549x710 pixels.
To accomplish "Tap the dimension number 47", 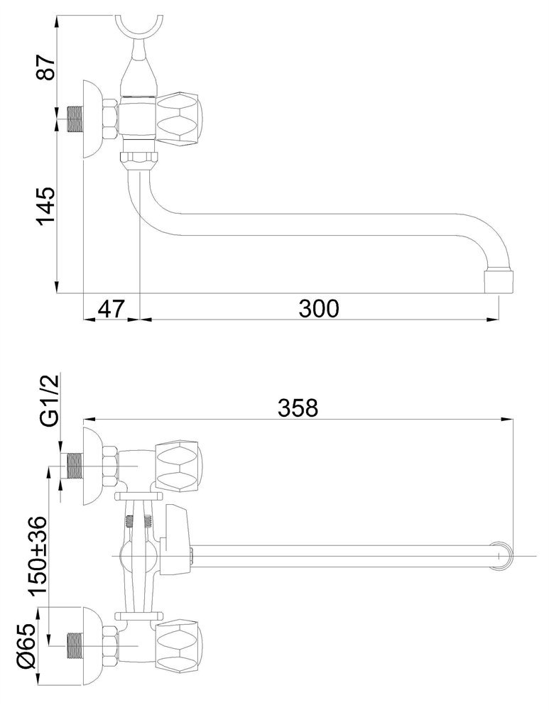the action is pos(111,309).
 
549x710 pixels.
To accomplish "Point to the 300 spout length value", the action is pos(318,309).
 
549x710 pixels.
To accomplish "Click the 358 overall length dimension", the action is pos(298,408).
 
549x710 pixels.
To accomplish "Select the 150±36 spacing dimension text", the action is pos(37,555).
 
